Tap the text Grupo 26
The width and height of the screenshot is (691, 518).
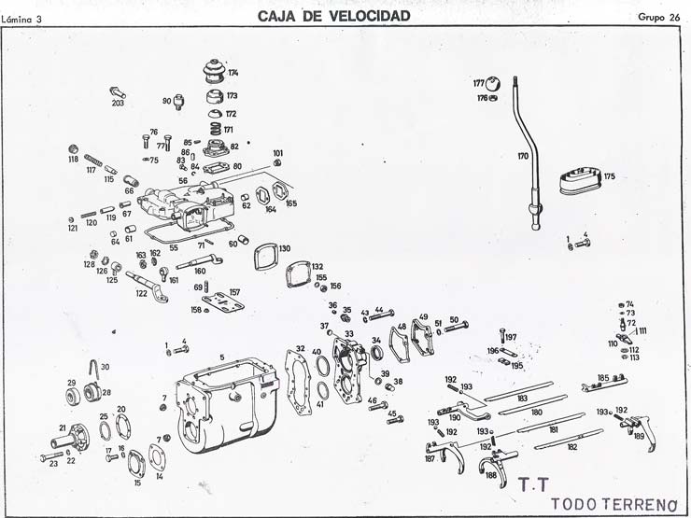click(x=659, y=17)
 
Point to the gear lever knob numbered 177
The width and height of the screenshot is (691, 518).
click(x=493, y=83)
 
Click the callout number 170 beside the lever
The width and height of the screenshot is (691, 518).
click(x=523, y=156)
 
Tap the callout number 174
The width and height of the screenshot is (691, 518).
click(x=233, y=73)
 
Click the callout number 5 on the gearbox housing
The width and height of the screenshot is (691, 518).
click(x=222, y=357)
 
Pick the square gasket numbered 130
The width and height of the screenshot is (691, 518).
click(x=264, y=254)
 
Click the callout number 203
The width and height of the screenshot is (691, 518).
click(x=118, y=103)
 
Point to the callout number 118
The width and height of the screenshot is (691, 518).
click(x=73, y=160)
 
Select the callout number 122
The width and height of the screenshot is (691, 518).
click(x=141, y=292)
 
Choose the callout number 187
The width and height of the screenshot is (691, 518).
click(x=430, y=458)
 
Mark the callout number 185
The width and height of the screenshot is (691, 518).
click(x=603, y=378)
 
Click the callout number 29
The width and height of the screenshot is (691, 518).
click(x=71, y=383)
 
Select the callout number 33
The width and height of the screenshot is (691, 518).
click(x=348, y=333)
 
